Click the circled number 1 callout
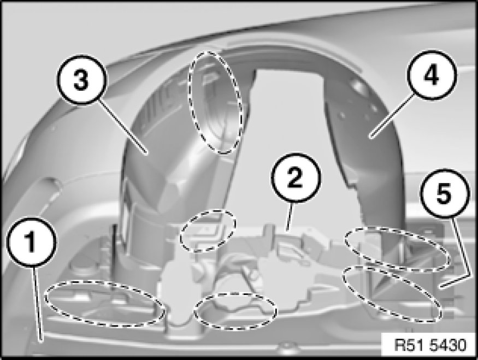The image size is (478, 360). point(31,242)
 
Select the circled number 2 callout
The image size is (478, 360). point(296,178)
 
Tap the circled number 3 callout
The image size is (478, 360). point(81,80)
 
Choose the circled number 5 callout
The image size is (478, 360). point(444,194)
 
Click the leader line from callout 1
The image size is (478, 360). point(37,304)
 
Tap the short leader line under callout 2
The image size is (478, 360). point(289,216)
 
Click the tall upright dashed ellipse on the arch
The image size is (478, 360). point(216,102)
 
